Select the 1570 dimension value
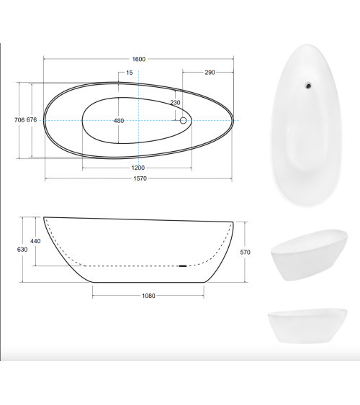(138, 180)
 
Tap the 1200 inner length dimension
(138, 167)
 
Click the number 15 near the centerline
(129, 73)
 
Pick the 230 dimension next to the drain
(175, 103)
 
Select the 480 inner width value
(119, 120)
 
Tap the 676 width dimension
(32, 120)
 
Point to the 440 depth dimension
(35, 241)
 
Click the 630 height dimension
(22, 249)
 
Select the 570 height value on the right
(246, 252)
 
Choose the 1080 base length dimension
(148, 295)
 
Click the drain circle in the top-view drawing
(183, 121)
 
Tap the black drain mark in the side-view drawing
(182, 266)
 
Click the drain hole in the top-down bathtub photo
(308, 86)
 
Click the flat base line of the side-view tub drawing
(148, 283)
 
